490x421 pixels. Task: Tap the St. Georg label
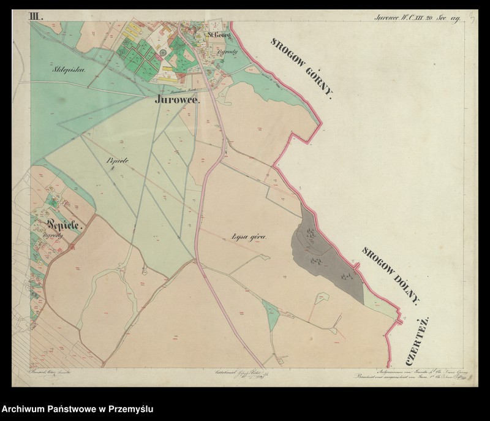pyautogui.click(x=218, y=36)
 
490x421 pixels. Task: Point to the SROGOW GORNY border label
pyautogui.click(x=302, y=67)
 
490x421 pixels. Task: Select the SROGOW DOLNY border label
pyautogui.click(x=392, y=276)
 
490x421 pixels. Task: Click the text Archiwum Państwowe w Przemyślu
pyautogui.click(x=77, y=409)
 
